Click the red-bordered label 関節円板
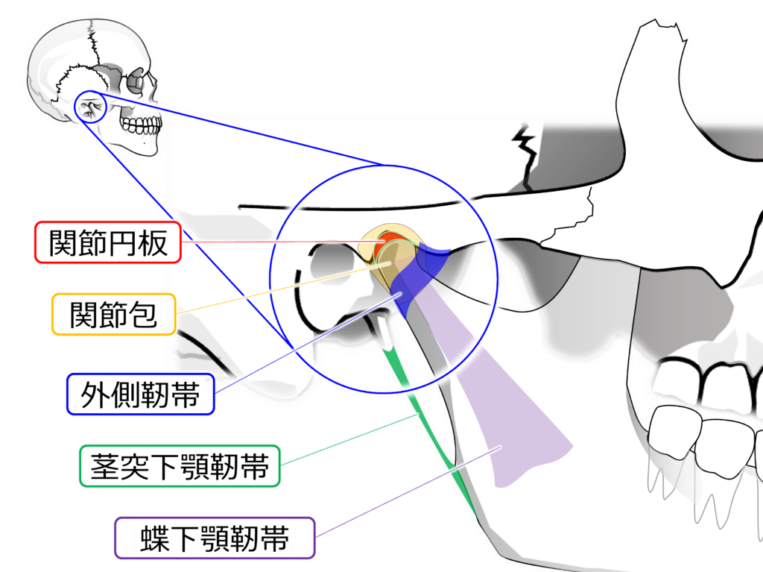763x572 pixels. point(108,242)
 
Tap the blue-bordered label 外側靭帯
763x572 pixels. point(141,394)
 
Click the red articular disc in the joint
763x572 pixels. point(390,241)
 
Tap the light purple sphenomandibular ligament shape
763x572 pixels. point(514,418)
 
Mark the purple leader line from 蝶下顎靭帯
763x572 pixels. point(402,492)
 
